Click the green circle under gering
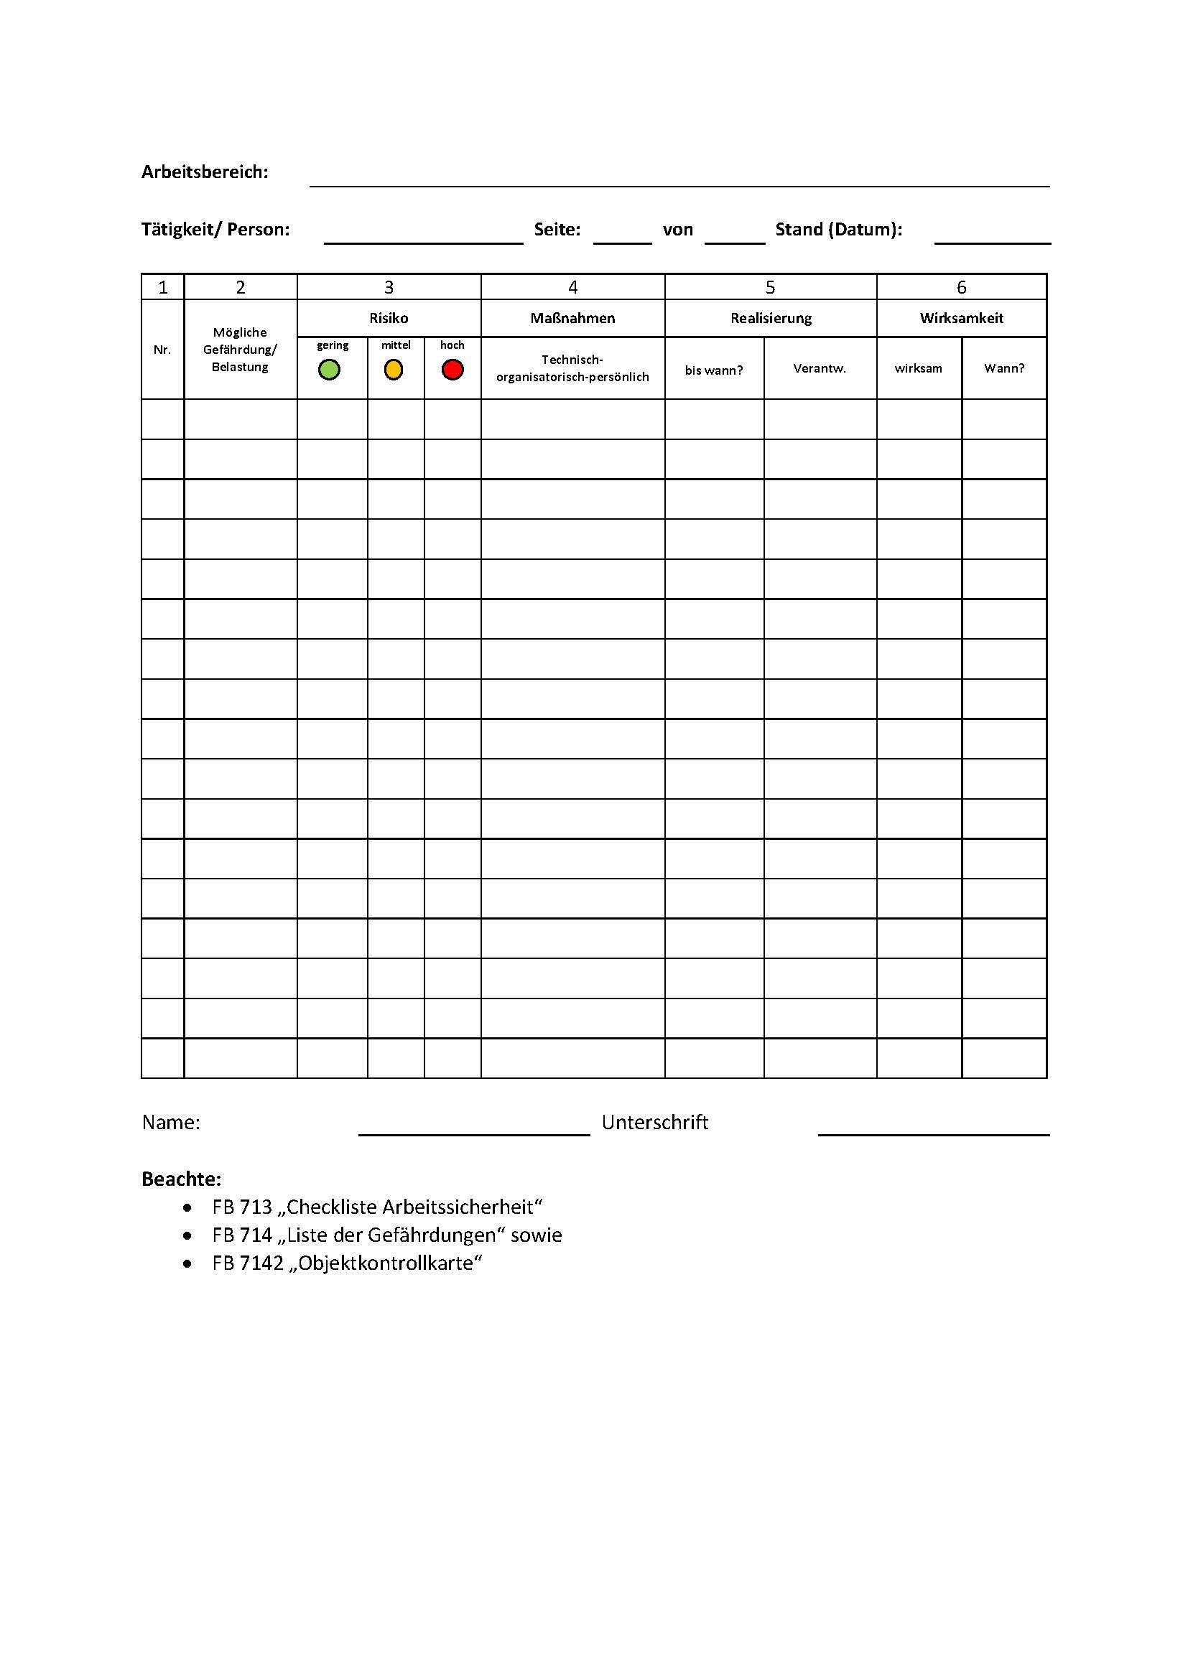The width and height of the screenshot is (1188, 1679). [x=329, y=370]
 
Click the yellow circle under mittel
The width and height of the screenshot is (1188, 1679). [x=394, y=370]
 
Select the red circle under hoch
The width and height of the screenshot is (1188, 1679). [x=453, y=370]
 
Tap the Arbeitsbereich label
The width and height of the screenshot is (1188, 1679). [x=205, y=172]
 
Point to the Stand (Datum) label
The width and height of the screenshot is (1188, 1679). [x=838, y=230]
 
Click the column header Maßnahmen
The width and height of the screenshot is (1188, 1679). [x=572, y=318]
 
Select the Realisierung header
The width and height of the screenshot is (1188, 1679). [x=771, y=318]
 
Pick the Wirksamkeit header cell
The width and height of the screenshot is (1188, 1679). [x=961, y=318]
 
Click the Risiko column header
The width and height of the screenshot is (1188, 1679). [x=389, y=318]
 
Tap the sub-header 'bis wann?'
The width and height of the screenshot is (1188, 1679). [x=714, y=370]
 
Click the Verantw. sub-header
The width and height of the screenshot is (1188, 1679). [x=820, y=368]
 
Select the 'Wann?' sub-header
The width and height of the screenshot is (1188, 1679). [x=1003, y=368]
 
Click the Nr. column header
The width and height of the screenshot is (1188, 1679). [x=162, y=350]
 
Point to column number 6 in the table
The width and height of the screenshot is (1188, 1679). [x=961, y=287]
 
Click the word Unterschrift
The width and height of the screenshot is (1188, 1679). [x=655, y=1123]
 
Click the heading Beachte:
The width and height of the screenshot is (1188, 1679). [x=182, y=1179]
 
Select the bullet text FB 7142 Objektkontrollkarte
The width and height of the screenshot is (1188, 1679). [x=348, y=1263]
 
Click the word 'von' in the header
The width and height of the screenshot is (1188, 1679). [x=677, y=230]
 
